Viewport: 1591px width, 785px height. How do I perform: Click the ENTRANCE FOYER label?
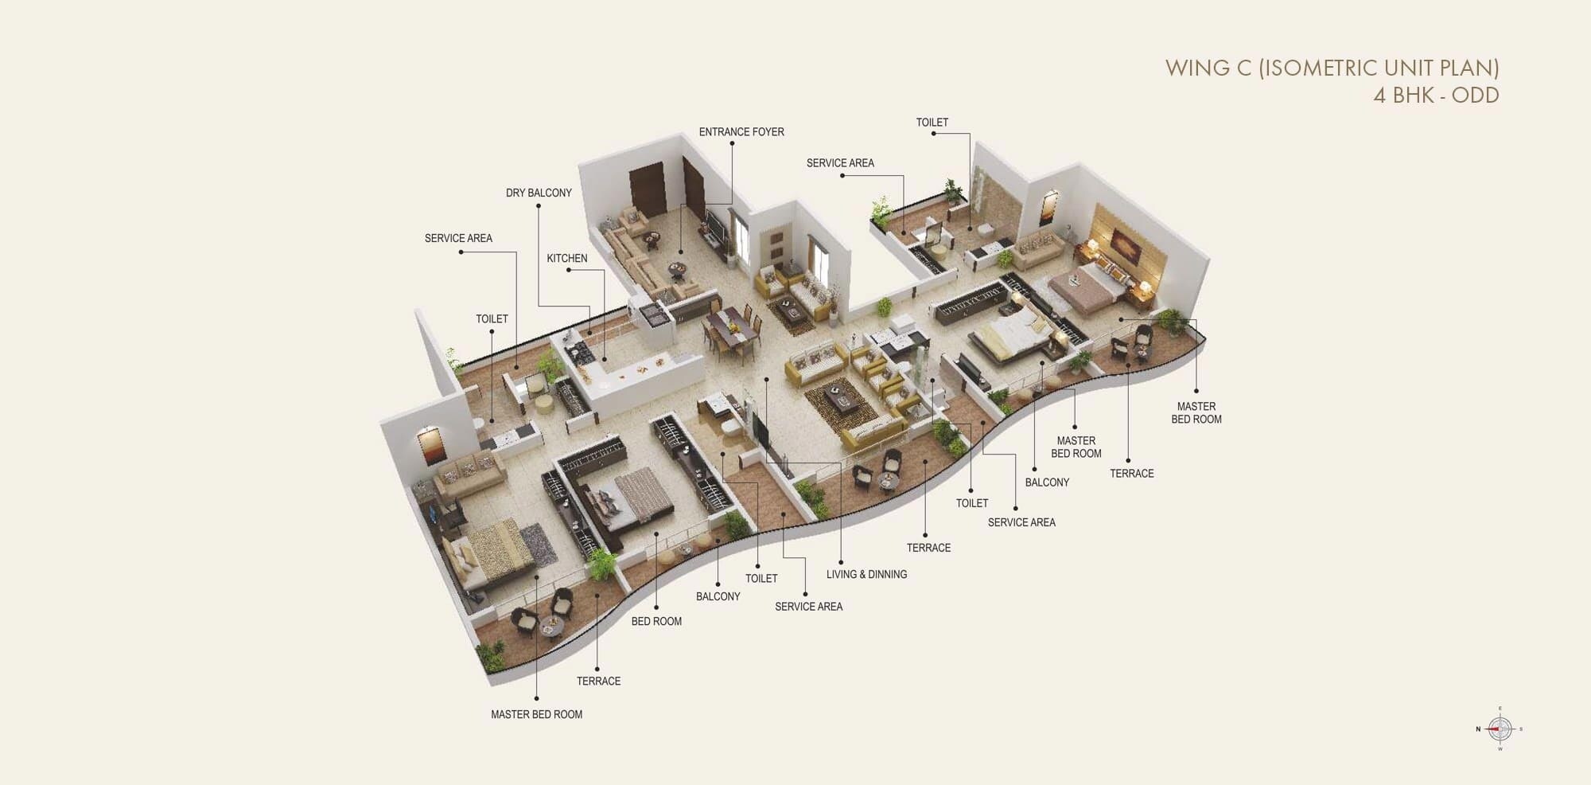click(741, 132)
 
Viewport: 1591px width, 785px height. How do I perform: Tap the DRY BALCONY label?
click(539, 193)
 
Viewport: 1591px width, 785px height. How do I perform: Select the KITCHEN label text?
click(566, 259)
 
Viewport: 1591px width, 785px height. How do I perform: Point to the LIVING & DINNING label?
click(866, 574)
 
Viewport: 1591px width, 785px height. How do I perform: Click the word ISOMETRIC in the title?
click(1353, 68)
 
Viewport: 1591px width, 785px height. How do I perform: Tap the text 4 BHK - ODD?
click(1435, 96)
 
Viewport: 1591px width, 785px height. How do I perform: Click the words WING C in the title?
click(1208, 68)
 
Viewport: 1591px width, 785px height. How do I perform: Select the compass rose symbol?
click(1500, 728)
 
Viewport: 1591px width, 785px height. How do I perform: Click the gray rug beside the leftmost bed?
click(538, 545)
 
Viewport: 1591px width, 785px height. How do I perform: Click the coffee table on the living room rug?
click(842, 396)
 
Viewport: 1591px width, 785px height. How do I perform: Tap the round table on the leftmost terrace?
click(550, 628)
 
